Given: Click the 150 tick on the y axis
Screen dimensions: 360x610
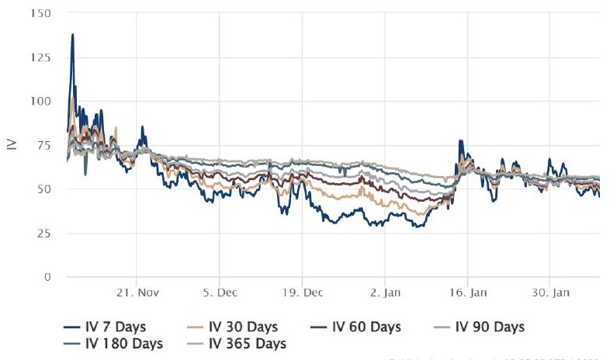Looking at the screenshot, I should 43,13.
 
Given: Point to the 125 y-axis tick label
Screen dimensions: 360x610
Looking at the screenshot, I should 43,58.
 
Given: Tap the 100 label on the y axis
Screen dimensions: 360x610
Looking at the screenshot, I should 43,101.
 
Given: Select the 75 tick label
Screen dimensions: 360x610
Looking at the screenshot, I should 46,145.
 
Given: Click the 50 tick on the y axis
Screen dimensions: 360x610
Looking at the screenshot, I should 46,189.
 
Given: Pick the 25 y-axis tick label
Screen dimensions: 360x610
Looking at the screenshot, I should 46,233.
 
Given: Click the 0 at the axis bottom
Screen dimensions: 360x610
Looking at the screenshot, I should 49,277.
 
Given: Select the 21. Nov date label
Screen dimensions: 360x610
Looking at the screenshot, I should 137,293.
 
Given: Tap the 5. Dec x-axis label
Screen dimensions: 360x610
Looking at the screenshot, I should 220,293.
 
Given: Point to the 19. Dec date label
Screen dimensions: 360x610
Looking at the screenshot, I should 302,293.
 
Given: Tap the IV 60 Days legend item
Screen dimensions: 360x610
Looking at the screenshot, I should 359,327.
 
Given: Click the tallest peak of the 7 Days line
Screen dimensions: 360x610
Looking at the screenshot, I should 73,34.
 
